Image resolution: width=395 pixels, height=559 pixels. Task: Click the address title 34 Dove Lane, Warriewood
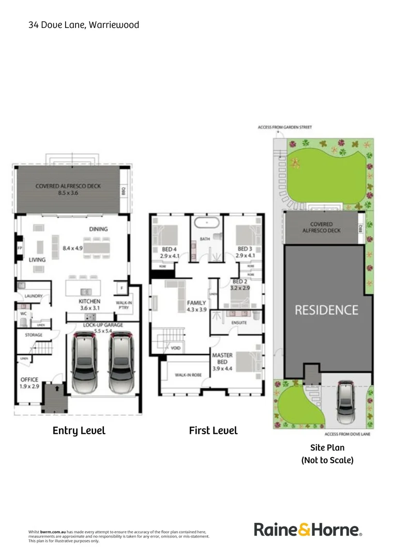click(84, 24)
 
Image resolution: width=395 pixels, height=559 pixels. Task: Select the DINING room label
click(98, 229)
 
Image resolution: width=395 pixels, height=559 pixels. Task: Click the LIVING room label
click(37, 260)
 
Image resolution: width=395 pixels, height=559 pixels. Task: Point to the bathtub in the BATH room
click(208, 223)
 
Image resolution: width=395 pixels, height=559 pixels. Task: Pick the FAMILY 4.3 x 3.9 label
click(196, 306)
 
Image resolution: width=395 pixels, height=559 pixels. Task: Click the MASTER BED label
click(222, 362)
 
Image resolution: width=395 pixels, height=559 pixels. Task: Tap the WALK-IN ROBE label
click(187, 375)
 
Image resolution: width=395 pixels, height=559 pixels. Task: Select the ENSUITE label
click(238, 322)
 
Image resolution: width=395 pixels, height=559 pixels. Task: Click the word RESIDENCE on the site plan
click(326, 310)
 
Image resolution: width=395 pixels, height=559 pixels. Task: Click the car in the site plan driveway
click(345, 402)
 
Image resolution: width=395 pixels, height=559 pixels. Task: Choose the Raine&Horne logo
click(308, 529)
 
